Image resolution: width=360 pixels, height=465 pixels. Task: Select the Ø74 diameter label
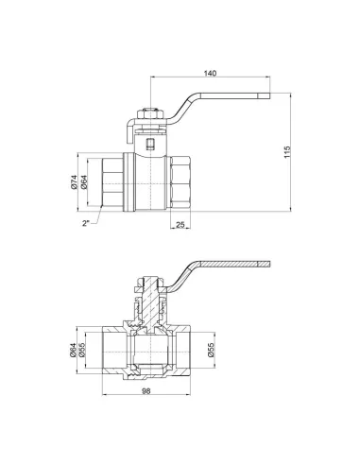[x=73, y=182]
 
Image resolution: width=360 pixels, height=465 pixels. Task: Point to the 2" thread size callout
[x=85, y=224]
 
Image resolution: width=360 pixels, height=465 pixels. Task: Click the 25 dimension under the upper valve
[x=180, y=224]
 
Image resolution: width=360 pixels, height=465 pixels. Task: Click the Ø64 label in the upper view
[x=83, y=182]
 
